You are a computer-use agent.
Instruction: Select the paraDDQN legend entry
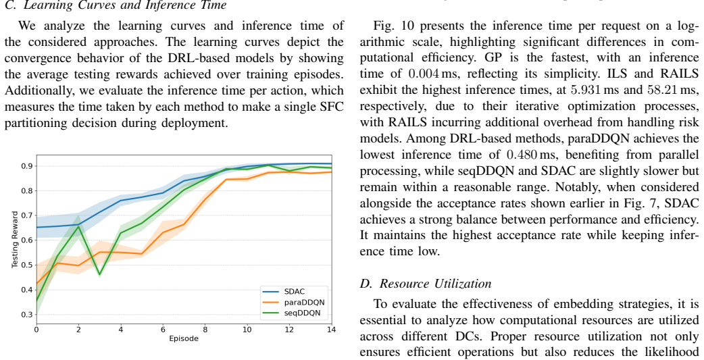click(x=294, y=302)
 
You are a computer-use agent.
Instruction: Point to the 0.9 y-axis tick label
click(x=28, y=166)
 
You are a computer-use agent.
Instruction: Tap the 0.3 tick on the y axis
click(x=28, y=315)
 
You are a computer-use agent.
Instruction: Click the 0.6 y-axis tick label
click(x=28, y=240)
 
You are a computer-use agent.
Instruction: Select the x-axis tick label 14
click(x=331, y=330)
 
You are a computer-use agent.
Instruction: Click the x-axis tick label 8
click(x=205, y=330)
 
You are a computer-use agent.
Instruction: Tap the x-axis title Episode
click(x=184, y=338)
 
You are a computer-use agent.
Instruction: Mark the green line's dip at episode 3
click(x=100, y=274)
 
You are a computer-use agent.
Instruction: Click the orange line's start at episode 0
click(x=36, y=284)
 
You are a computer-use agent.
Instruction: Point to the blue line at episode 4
click(x=121, y=201)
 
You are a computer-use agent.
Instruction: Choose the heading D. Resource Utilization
click(x=426, y=284)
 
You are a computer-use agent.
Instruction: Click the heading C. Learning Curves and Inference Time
click(x=116, y=5)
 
